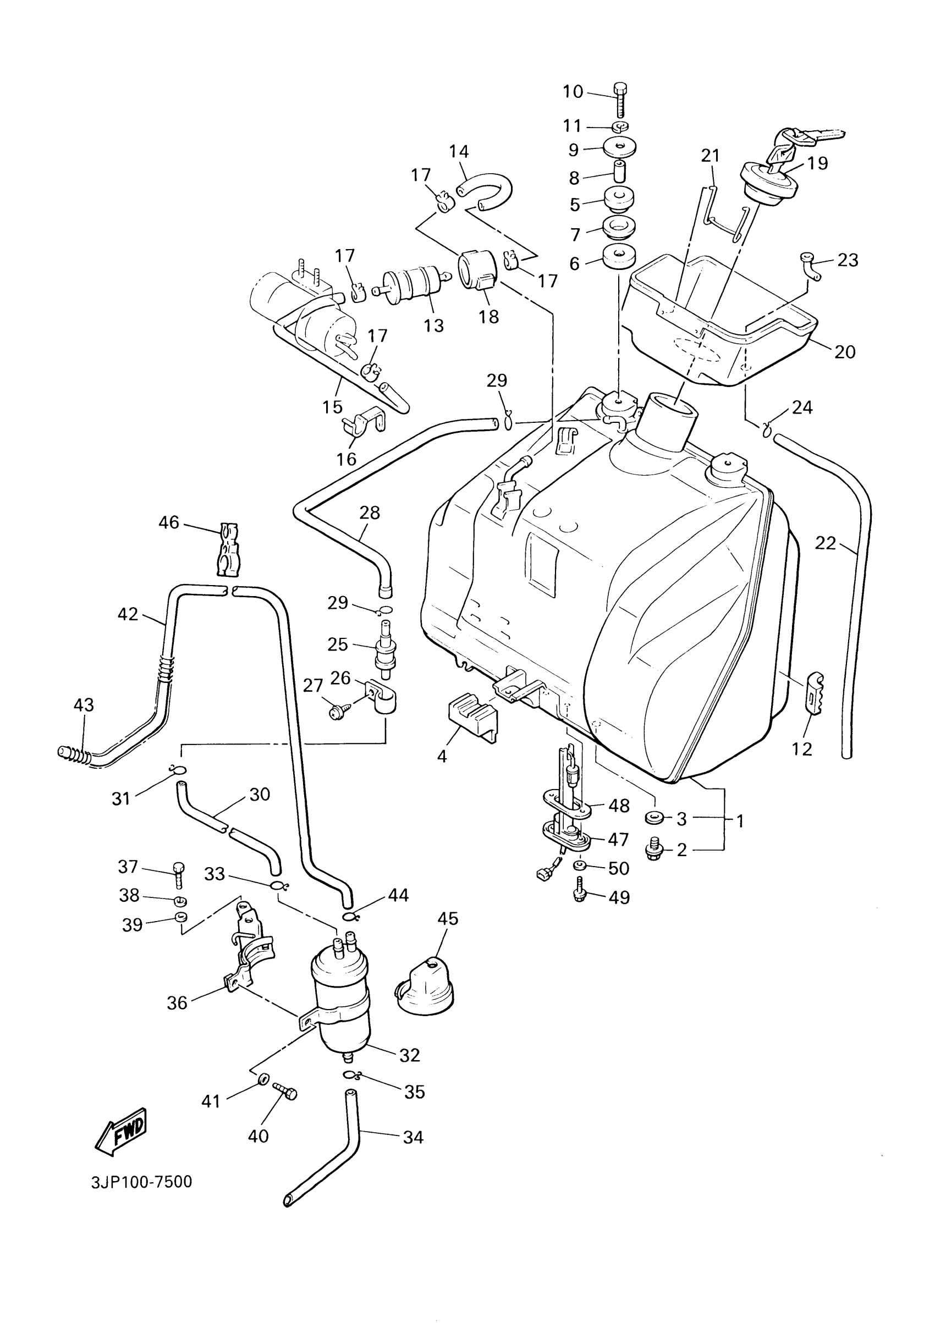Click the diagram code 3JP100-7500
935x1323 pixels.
[x=141, y=1182]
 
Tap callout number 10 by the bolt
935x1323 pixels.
[x=573, y=92]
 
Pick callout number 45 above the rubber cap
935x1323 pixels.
[x=448, y=918]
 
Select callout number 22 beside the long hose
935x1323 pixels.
[x=826, y=543]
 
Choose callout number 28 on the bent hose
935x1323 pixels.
[x=370, y=512]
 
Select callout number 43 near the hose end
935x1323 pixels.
[x=84, y=705]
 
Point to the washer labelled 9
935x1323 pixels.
[x=620, y=148]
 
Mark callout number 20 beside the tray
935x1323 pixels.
[x=844, y=351]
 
